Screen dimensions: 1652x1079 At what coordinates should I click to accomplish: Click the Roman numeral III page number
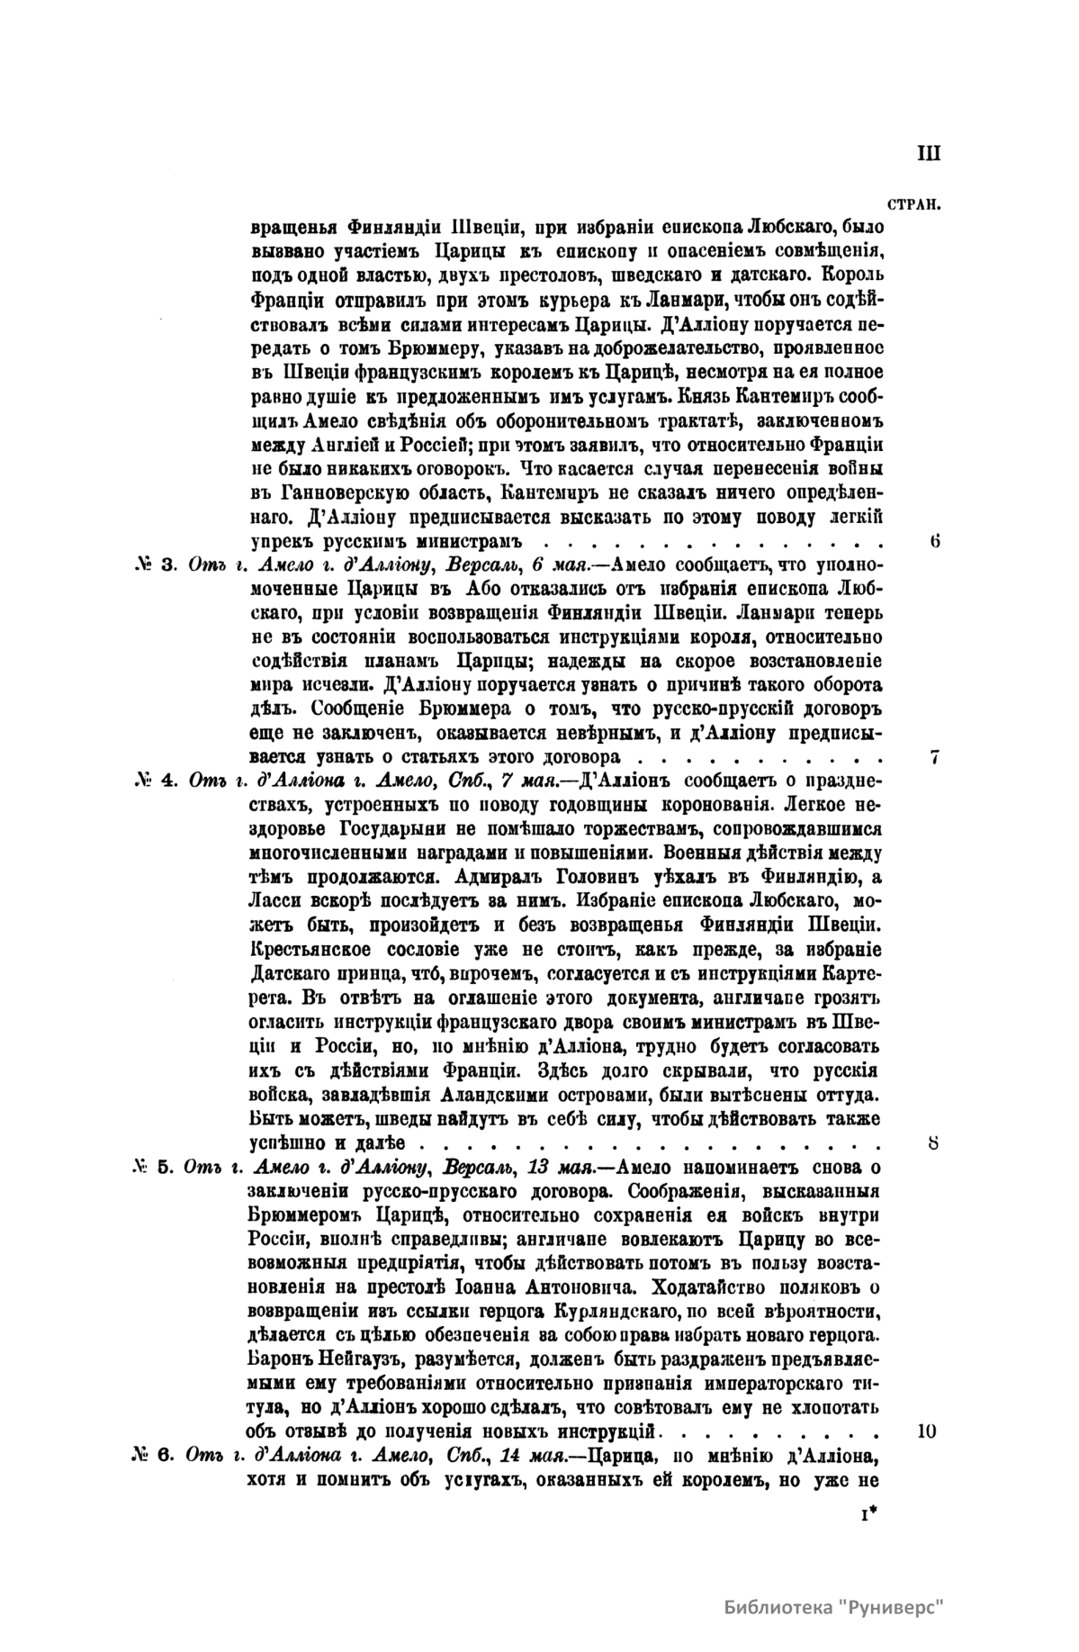click(928, 153)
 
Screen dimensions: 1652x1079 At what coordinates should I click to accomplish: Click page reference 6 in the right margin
click(935, 542)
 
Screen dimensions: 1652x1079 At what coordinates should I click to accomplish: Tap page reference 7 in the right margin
click(935, 757)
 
